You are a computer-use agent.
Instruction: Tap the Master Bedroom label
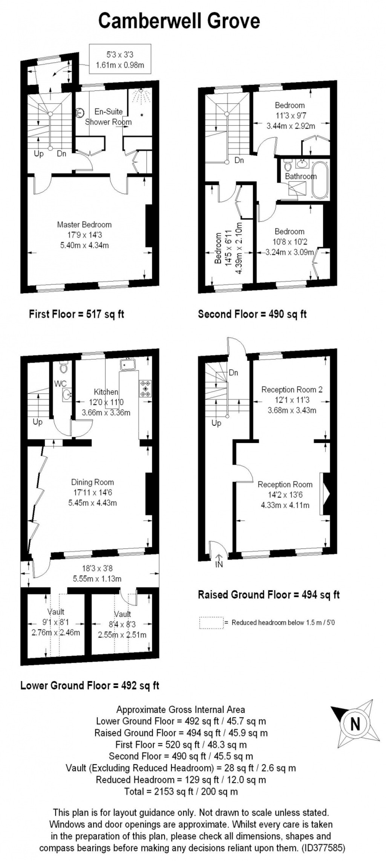(84, 225)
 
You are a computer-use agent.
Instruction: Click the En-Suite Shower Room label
(109, 117)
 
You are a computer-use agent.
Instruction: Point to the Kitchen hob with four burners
(145, 389)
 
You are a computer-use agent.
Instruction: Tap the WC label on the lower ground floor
(61, 384)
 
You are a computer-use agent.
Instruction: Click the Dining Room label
(92, 482)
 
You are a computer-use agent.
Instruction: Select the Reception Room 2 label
(292, 389)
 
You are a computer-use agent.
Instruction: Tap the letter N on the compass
(355, 724)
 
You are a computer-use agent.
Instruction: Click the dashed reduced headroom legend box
(211, 623)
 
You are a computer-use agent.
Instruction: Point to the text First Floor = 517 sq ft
(77, 314)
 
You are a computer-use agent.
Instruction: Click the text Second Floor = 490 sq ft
(252, 314)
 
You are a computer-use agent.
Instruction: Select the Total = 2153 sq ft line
(181, 791)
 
